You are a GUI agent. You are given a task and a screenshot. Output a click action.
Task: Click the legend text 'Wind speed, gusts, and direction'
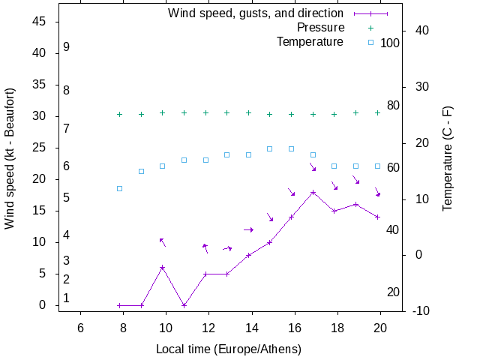click(x=255, y=13)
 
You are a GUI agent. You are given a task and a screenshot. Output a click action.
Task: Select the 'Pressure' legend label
click(x=320, y=27)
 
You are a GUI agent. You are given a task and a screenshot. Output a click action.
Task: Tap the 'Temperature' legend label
click(x=310, y=41)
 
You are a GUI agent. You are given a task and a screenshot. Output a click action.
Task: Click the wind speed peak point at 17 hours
click(x=313, y=192)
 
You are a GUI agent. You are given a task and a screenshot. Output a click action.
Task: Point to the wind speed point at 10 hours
click(x=162, y=267)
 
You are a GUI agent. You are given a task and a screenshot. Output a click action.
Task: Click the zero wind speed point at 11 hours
click(x=184, y=305)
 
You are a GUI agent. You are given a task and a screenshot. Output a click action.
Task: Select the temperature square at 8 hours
click(x=119, y=188)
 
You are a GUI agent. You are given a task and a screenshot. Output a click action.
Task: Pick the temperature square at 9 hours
click(x=141, y=171)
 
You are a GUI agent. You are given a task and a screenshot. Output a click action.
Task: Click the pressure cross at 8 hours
click(x=119, y=114)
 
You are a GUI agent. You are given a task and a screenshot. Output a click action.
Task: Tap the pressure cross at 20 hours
click(x=377, y=112)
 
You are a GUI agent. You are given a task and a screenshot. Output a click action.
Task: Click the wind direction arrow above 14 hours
click(x=249, y=229)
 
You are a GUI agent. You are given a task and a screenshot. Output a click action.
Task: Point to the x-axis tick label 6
click(x=80, y=327)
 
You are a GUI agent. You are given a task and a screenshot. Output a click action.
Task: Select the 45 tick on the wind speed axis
click(x=40, y=22)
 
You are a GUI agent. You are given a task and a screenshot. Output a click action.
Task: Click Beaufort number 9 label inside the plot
click(x=67, y=46)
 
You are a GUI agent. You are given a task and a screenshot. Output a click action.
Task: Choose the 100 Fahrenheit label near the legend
click(x=390, y=43)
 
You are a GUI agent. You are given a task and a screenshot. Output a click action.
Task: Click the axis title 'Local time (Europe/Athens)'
click(x=228, y=349)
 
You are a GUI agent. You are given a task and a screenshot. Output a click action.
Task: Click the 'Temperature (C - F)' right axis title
click(x=447, y=158)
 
